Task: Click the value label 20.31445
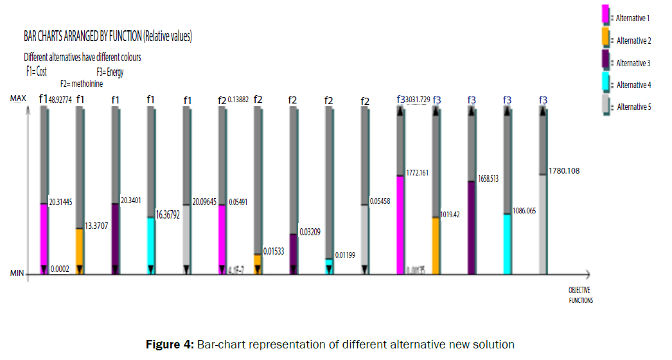[60, 201]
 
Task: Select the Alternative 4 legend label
[633, 85]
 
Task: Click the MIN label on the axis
[17, 274]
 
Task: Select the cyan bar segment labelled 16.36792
[151, 245]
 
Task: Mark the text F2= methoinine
[82, 84]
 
